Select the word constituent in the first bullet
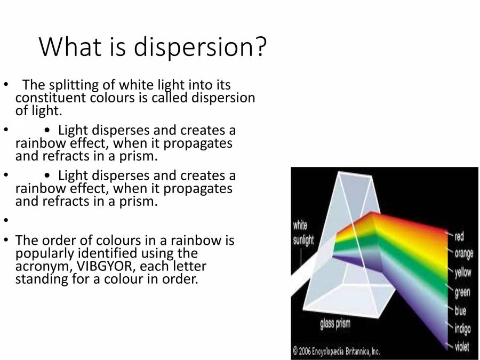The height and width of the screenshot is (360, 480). coord(51,98)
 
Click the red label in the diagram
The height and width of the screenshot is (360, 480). coord(459,236)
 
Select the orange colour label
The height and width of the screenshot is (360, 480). coord(464,254)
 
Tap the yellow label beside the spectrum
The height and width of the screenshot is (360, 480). coord(463,272)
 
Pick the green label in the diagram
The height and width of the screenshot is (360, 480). coord(462,292)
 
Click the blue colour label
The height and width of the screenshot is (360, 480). coord(460,310)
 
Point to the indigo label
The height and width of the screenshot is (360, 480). coord(462,329)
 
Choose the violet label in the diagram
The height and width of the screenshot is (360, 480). coord(462,346)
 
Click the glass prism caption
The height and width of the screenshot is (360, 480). coord(335,324)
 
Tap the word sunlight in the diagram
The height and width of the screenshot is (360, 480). coord(303,240)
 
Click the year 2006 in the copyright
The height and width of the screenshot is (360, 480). coord(305,350)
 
